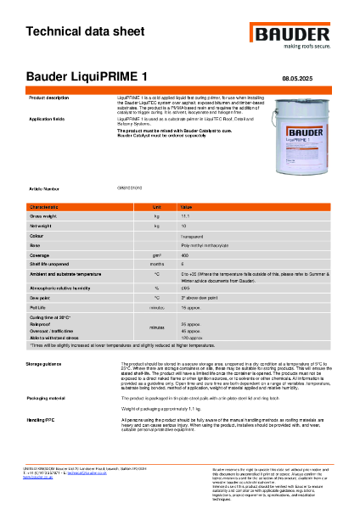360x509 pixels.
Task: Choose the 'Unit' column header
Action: pyautogui.click(x=157, y=206)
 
